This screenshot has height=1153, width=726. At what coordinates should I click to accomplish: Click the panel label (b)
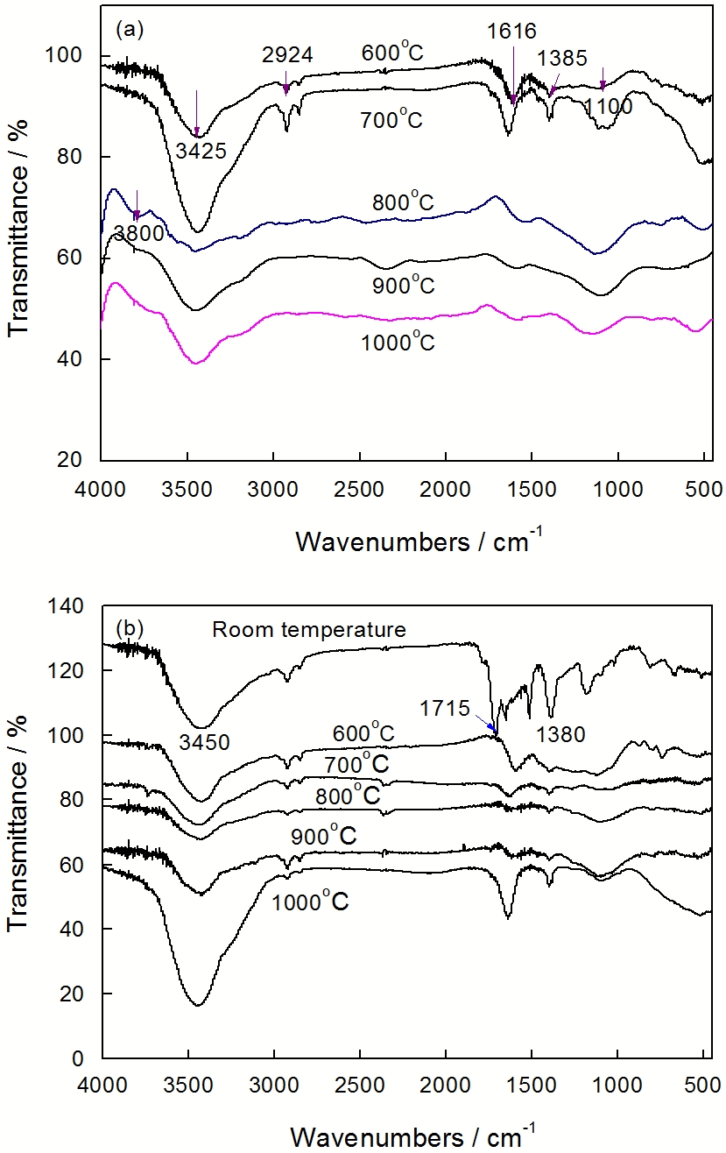click(x=129, y=628)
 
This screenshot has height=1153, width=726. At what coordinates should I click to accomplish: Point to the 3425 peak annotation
click(x=198, y=151)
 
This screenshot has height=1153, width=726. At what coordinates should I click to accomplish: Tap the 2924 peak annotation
click(x=287, y=56)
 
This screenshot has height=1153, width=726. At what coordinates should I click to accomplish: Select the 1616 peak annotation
click(x=512, y=32)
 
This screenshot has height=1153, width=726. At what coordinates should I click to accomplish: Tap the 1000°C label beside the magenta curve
click(x=398, y=340)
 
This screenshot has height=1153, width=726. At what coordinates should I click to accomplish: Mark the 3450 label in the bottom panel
click(x=206, y=744)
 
